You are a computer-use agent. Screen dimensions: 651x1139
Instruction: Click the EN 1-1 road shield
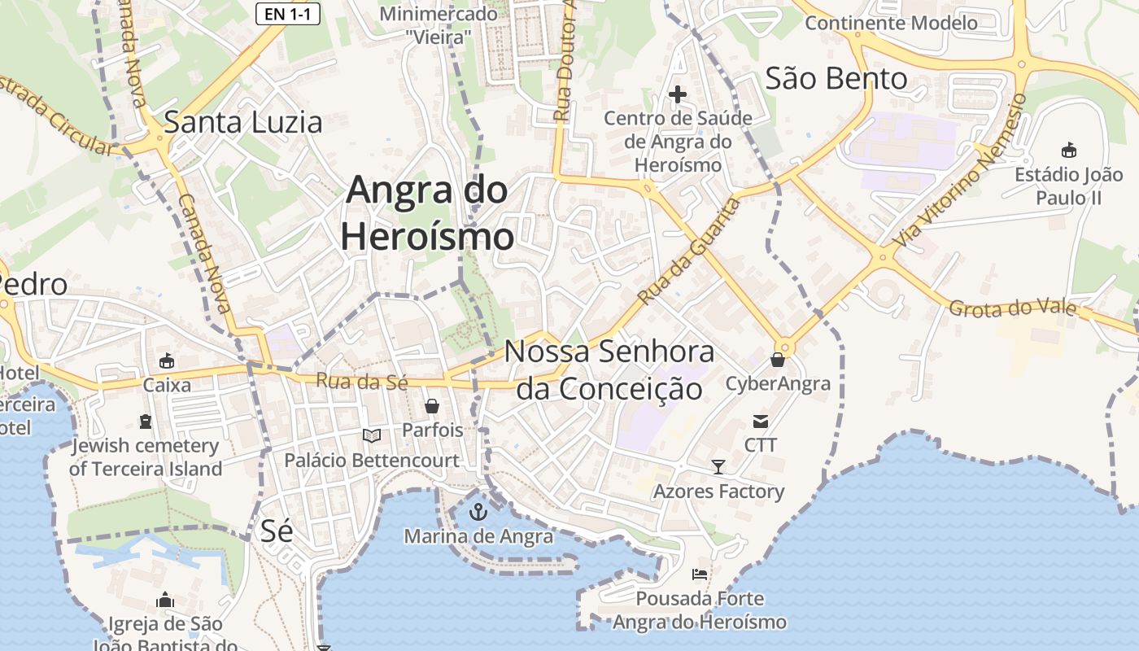click(287, 13)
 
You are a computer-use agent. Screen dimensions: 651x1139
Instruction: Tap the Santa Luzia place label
click(243, 122)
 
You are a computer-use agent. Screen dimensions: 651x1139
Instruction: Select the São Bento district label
click(836, 79)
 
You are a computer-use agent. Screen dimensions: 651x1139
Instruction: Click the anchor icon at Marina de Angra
click(478, 512)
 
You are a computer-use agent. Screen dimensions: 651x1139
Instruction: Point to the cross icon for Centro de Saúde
click(677, 95)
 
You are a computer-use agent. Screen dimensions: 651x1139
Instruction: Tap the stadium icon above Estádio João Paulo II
click(1068, 150)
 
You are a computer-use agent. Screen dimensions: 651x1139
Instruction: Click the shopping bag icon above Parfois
click(432, 405)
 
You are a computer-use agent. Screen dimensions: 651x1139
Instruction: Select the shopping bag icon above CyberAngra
click(778, 359)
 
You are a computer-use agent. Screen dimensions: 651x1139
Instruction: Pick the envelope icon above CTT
click(761, 421)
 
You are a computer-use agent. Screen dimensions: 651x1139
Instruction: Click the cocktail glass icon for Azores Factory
click(718, 467)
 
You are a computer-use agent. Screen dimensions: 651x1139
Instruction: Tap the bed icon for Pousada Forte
click(699, 575)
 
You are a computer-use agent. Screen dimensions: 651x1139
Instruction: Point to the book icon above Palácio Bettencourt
click(372, 436)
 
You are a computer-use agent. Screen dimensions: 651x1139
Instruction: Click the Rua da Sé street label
click(361, 381)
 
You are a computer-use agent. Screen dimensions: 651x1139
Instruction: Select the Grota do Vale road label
click(1012, 308)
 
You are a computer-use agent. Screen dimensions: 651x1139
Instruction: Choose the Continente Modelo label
click(891, 22)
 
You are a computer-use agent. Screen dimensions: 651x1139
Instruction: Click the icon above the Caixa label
click(167, 360)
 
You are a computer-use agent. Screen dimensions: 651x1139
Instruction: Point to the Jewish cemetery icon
click(146, 421)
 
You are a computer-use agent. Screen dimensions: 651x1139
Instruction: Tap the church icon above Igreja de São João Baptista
click(165, 601)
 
